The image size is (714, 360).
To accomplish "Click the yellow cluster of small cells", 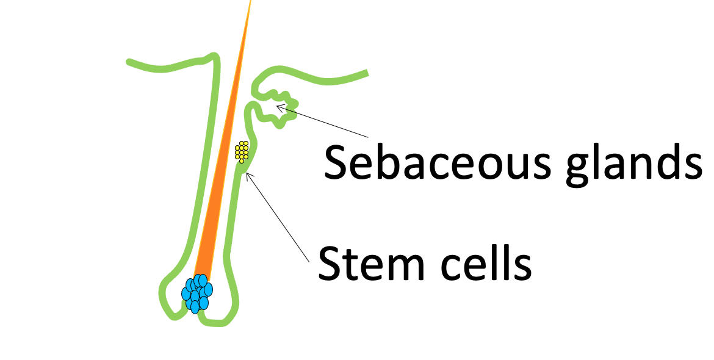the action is click(x=242, y=152).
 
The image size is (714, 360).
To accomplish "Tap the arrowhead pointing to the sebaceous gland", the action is click(x=279, y=107).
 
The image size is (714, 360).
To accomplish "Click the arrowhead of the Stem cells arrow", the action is click(x=247, y=176).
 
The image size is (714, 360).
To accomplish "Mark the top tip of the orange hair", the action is click(x=250, y=2).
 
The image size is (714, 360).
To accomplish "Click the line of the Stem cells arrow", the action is click(x=278, y=217).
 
